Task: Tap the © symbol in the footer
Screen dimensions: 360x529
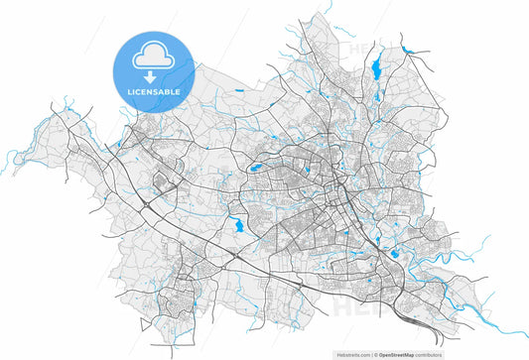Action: click(376, 352)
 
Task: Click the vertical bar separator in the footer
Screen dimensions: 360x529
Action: click(371, 352)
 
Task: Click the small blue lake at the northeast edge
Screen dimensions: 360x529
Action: click(407, 49)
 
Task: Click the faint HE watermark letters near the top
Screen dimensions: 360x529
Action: click(360, 45)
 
